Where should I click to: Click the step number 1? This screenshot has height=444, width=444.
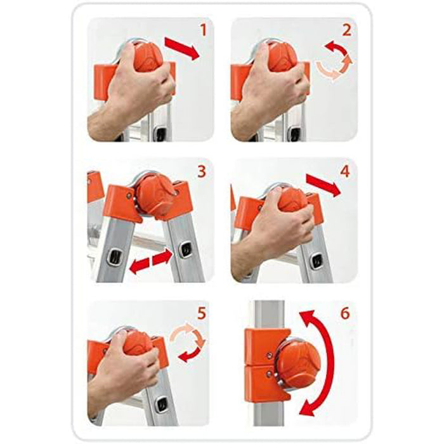(x=204, y=30)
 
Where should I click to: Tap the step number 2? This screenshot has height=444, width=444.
(x=346, y=30)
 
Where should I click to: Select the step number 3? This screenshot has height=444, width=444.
(x=201, y=172)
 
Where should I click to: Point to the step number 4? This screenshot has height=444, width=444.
(x=345, y=172)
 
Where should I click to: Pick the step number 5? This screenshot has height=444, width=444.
(x=201, y=313)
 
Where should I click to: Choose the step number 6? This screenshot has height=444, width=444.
(x=345, y=313)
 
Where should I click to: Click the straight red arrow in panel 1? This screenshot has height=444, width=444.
(x=183, y=49)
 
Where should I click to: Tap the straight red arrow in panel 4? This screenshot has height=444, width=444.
(x=323, y=185)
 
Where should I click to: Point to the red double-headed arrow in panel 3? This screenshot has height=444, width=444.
(x=151, y=261)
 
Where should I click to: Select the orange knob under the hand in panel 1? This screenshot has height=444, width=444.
(x=148, y=58)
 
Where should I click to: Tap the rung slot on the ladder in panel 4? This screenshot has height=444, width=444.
(x=317, y=261)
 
